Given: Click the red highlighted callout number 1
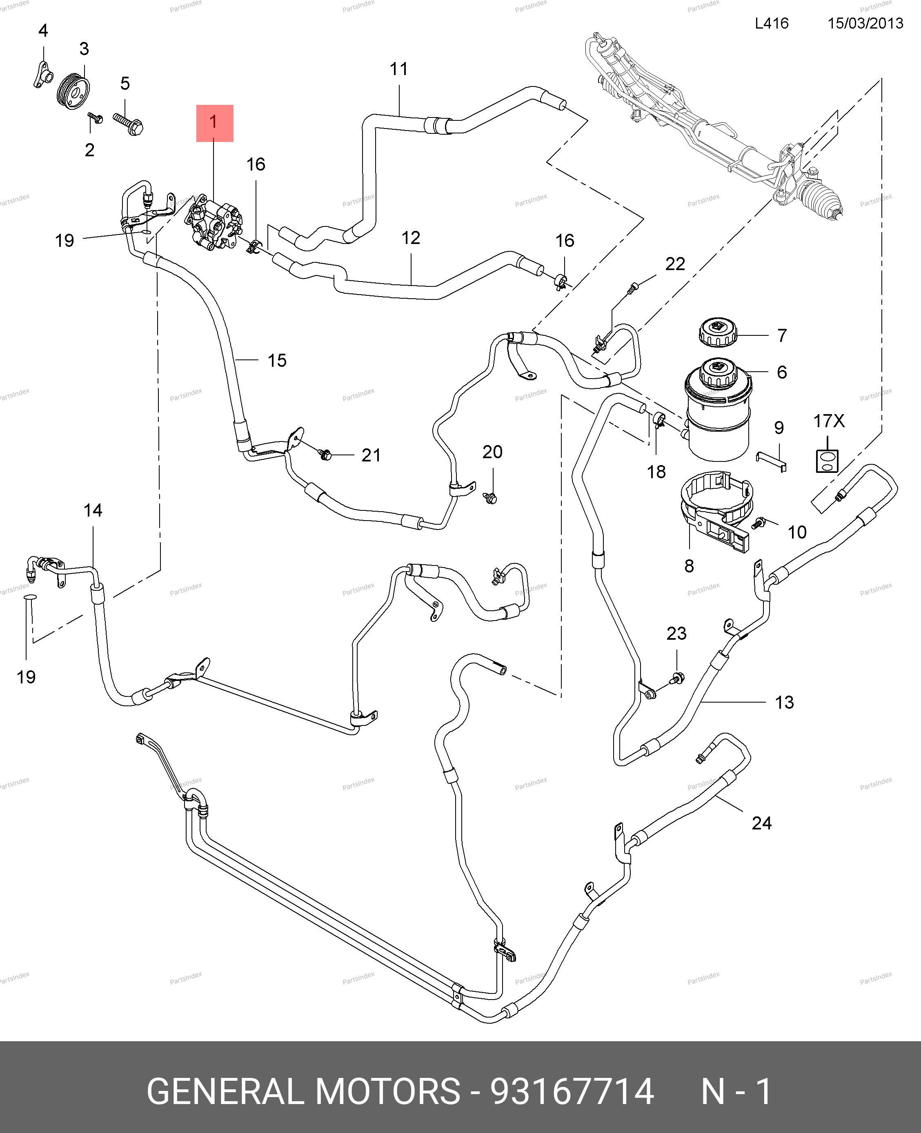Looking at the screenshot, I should (x=214, y=123).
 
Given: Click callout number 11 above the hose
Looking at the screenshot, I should (x=398, y=69).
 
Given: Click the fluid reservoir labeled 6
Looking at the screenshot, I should (x=718, y=414).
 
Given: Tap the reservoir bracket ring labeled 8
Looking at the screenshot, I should (x=716, y=509).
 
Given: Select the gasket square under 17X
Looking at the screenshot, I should (x=827, y=460).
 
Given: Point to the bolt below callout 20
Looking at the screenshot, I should (x=491, y=497).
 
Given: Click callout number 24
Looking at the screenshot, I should (x=761, y=823).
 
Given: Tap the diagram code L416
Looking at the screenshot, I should (x=772, y=23).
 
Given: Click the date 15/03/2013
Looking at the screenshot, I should (x=865, y=23).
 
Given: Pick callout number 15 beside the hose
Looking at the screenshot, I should (x=277, y=361).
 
